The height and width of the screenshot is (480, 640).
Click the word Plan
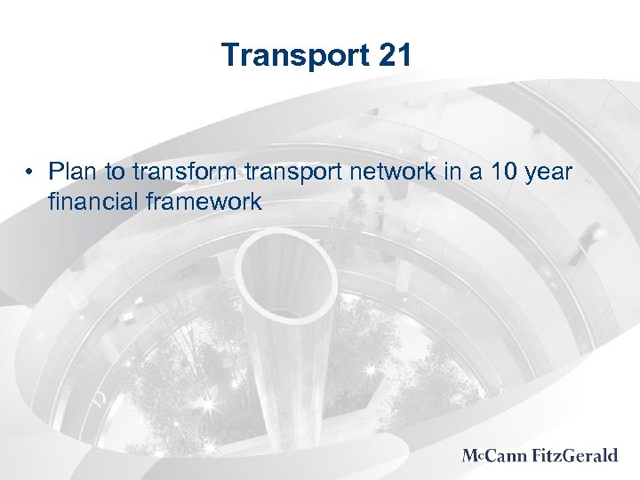tap(73, 170)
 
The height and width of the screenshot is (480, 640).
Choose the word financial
tap(90, 202)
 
